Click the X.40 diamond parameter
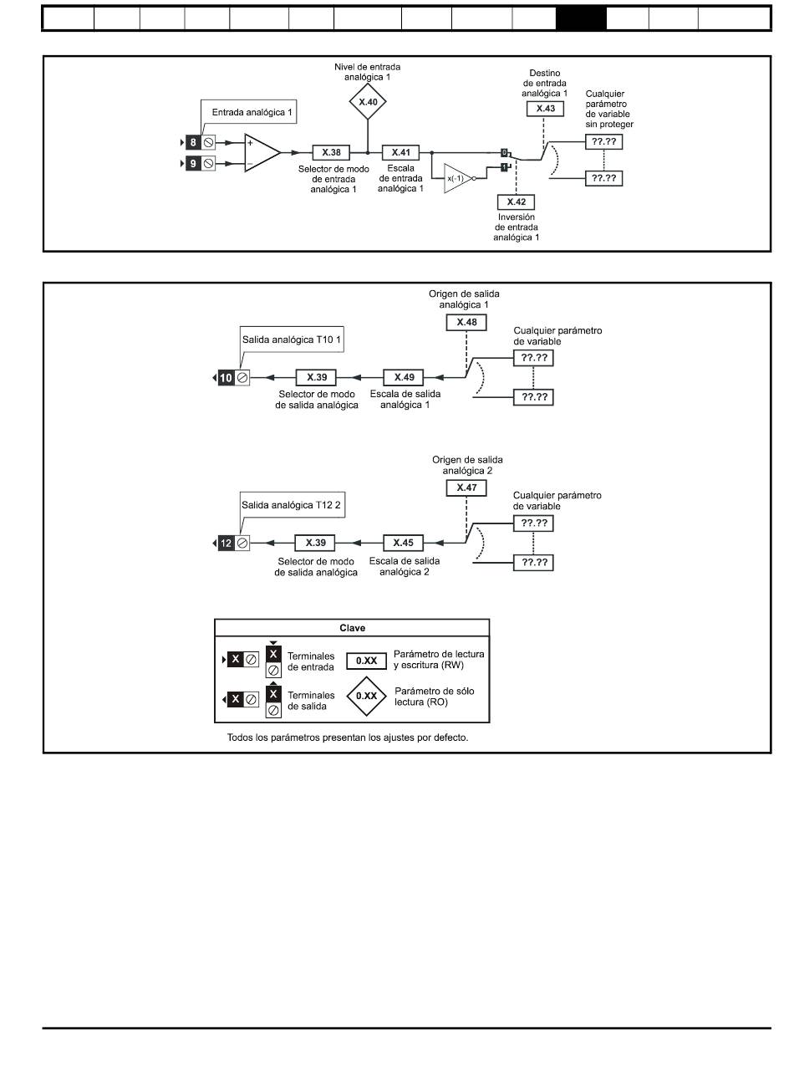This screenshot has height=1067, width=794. (x=368, y=101)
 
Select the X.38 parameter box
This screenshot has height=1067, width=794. (x=331, y=152)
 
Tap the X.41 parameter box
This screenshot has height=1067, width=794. (x=400, y=152)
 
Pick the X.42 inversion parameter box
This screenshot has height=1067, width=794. (x=516, y=202)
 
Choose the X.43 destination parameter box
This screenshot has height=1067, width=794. (x=546, y=109)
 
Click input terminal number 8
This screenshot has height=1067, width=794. (x=193, y=142)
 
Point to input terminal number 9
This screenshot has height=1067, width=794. (x=193, y=164)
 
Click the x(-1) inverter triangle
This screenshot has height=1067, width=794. (x=457, y=178)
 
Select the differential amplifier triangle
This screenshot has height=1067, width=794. (x=262, y=152)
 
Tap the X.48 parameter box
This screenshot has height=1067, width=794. (x=466, y=322)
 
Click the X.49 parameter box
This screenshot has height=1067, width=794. (x=404, y=377)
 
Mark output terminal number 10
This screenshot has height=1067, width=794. (x=226, y=378)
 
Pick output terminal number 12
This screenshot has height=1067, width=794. (x=226, y=544)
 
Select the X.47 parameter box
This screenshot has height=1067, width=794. (x=466, y=488)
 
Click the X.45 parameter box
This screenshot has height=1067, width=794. (x=404, y=543)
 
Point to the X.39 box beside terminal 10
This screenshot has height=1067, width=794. (x=316, y=377)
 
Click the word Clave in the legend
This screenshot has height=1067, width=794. (x=352, y=628)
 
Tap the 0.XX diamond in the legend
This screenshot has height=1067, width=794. (x=366, y=696)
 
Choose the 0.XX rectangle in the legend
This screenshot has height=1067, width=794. (x=366, y=661)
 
